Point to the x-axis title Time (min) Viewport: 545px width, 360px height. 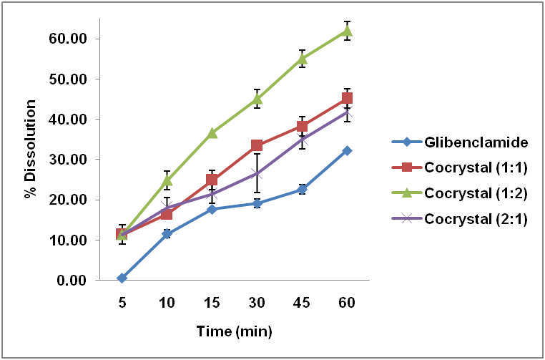(234, 332)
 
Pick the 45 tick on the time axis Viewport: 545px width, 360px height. (302, 303)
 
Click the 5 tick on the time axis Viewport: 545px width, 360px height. (122, 303)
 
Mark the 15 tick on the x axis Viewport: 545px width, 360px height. (212, 303)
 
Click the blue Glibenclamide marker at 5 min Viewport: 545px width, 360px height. (122, 278)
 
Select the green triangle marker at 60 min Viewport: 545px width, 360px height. (347, 30)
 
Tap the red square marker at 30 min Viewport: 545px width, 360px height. (257, 145)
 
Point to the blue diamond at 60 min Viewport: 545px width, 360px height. (347, 150)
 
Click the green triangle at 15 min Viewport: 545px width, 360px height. (212, 133)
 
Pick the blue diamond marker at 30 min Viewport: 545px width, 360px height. (257, 203)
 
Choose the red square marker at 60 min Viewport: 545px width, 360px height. (347, 99)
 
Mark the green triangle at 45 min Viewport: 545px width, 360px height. (302, 59)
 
